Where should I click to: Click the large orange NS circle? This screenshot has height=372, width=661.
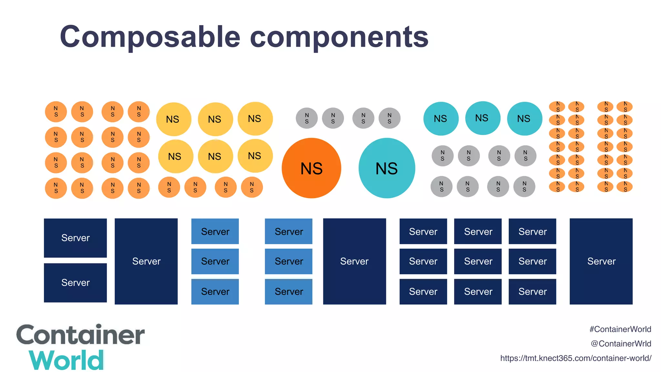click(311, 168)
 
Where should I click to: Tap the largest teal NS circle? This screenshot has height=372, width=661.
click(387, 168)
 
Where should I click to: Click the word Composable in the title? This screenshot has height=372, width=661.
click(150, 37)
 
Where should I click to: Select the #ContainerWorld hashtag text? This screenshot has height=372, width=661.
click(620, 329)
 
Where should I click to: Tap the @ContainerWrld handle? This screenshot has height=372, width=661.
click(621, 344)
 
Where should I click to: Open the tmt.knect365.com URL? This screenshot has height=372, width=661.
click(575, 358)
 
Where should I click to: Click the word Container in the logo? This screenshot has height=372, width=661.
click(80, 335)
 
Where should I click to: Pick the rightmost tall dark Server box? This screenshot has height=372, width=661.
click(601, 261)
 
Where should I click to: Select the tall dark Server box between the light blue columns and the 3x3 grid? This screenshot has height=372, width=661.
click(354, 261)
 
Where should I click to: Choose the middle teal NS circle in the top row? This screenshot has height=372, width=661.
click(483, 118)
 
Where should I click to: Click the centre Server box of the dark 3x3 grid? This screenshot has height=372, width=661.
click(478, 261)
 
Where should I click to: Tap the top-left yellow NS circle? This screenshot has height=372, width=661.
click(174, 119)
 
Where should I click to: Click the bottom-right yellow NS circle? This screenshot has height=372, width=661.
click(255, 156)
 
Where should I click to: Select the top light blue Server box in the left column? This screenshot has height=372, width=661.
click(215, 232)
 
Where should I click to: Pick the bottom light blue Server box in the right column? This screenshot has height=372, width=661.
click(289, 292)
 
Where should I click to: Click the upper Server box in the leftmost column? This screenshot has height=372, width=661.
click(75, 238)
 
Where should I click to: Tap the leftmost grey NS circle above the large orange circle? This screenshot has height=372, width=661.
click(307, 118)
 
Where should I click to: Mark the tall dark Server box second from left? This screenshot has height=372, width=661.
click(146, 261)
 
